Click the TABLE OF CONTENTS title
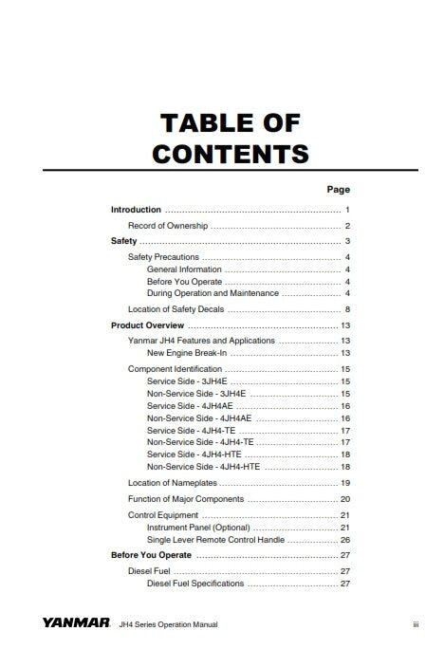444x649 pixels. [x=231, y=137]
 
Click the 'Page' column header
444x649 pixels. [x=339, y=190]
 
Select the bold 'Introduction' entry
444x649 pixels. [x=136, y=209]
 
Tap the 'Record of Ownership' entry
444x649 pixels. [x=168, y=226]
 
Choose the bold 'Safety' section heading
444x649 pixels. [x=124, y=242]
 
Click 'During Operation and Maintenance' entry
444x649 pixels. [x=213, y=293]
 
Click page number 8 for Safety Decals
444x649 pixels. [x=348, y=309]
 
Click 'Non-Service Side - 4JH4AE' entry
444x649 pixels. [x=199, y=417]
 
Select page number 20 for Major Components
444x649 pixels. [x=345, y=499]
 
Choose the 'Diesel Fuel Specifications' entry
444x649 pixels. [x=195, y=584]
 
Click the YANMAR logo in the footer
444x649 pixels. [x=76, y=623]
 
